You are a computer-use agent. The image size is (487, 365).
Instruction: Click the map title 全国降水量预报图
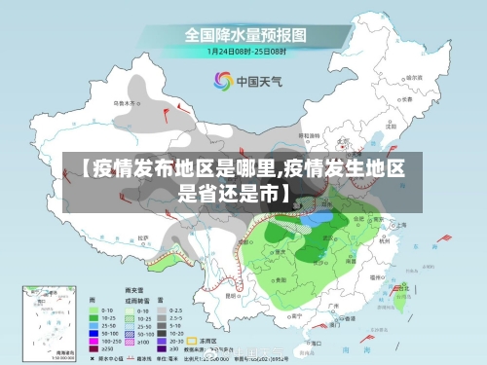point(244,34)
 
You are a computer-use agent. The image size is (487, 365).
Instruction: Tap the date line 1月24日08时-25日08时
point(244,51)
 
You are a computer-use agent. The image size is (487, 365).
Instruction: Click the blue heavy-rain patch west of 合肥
point(317,220)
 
